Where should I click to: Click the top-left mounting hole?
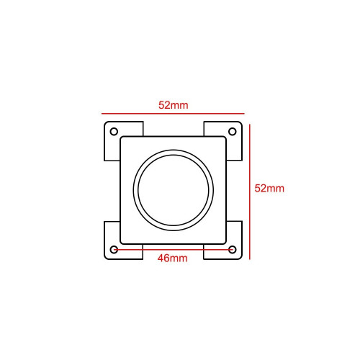coord(114,132)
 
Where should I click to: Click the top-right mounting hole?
coord(232,132)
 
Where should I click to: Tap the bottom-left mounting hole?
coord(114,250)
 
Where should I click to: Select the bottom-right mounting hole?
coord(232,250)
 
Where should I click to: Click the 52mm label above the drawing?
coord(174,105)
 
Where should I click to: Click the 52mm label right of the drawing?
coord(269,188)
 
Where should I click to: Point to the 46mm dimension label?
coord(172,258)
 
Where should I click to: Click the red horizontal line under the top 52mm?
coord(173,113)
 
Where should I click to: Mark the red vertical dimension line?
coord(250,192)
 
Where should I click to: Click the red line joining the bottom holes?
coord(173,250)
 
